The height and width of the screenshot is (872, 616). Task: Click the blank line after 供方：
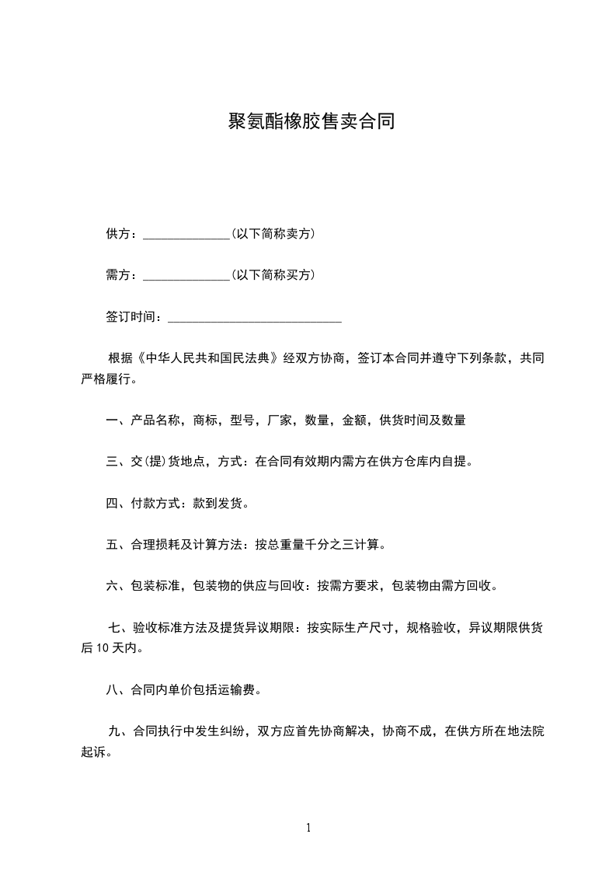(x=186, y=234)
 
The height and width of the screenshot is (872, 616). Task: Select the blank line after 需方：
(x=186, y=275)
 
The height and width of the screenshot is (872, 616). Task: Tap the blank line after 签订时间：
(x=255, y=317)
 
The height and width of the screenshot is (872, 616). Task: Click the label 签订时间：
(x=136, y=316)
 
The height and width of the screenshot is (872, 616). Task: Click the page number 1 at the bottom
(x=308, y=828)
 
